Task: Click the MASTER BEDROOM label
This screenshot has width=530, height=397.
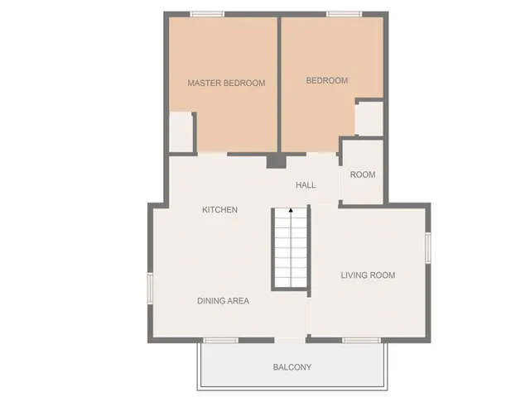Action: [x=226, y=83]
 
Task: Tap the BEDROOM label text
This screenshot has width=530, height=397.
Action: [x=327, y=80]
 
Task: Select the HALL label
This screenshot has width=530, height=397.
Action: [x=306, y=185]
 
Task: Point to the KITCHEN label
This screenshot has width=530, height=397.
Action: [x=220, y=210]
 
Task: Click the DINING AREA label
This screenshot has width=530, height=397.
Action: [x=223, y=301]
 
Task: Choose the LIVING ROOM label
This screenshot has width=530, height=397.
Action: [x=368, y=275]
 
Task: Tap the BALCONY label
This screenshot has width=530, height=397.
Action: [x=292, y=367]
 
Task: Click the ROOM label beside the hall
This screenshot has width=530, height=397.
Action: [x=363, y=175]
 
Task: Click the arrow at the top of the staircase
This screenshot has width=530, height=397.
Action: [x=291, y=211]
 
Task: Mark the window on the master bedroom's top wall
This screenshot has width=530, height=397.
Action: [x=207, y=14]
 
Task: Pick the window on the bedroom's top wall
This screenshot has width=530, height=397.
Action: [x=344, y=14]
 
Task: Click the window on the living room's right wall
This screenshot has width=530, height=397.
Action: [x=428, y=247]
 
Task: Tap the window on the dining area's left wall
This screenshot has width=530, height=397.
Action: [x=151, y=289]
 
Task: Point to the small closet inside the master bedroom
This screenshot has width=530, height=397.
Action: [x=181, y=132]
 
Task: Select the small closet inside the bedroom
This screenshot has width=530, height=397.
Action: [x=369, y=118]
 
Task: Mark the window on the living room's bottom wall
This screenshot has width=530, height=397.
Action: [x=362, y=339]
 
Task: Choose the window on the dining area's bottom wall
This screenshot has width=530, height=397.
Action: [x=221, y=339]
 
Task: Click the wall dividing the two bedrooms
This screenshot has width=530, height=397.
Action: [x=279, y=83]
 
